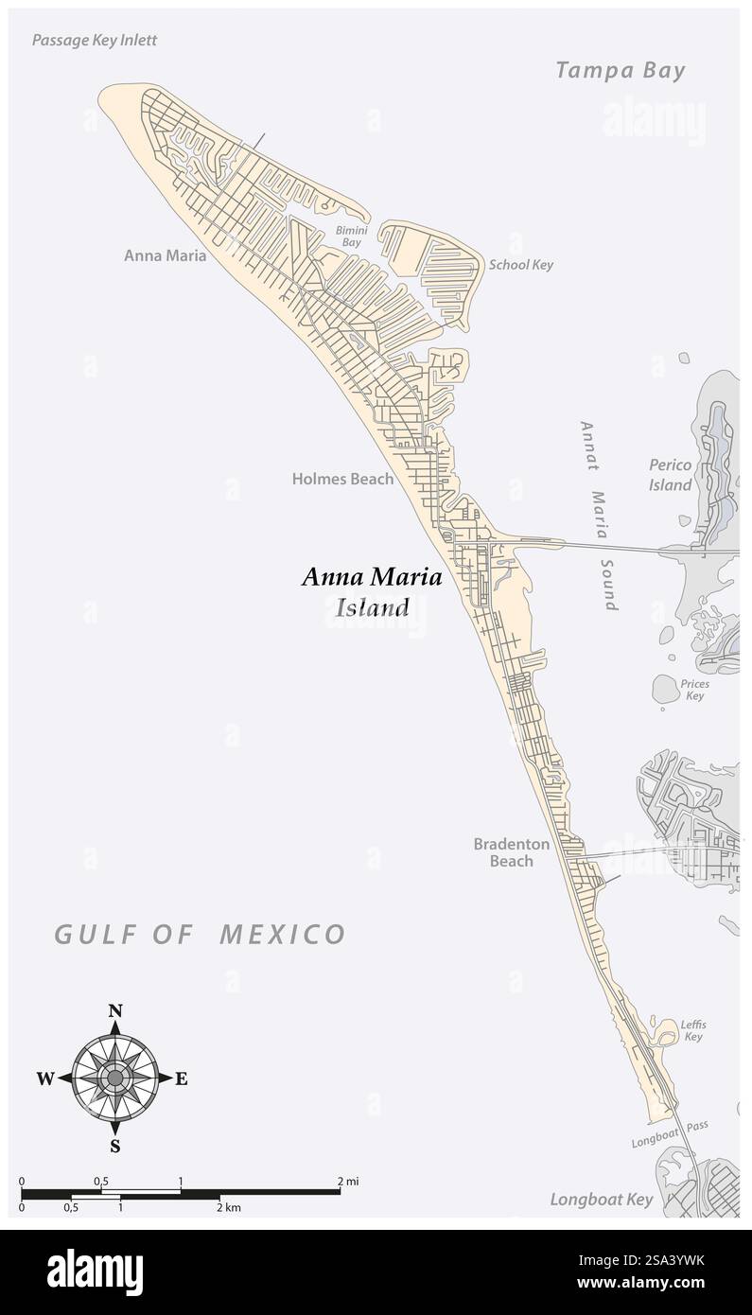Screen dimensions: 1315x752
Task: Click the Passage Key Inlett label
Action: point(95,40)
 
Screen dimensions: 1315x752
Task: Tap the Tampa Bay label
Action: point(620,70)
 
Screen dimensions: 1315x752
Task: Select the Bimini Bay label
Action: point(351,237)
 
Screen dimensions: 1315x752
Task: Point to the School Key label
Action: point(520,265)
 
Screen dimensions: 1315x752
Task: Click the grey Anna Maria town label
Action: point(165,255)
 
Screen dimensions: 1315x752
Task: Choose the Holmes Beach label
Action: point(342,479)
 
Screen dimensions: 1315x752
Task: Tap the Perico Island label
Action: point(671,475)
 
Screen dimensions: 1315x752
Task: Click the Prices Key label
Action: point(694,690)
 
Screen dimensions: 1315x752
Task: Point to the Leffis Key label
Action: point(693,1030)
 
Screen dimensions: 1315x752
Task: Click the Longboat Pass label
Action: point(670,1134)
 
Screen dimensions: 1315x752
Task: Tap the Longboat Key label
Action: point(602,1200)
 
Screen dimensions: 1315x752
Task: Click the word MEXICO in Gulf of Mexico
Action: point(283,935)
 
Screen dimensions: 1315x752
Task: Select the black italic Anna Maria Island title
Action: point(371,591)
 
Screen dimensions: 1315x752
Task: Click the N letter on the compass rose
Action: point(115,1010)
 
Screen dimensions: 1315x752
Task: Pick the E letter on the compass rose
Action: point(181,1078)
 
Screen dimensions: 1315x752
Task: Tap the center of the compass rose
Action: point(115,1078)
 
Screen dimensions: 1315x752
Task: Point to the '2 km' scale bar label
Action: point(230,1207)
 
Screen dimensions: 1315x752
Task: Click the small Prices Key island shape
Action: point(666,689)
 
